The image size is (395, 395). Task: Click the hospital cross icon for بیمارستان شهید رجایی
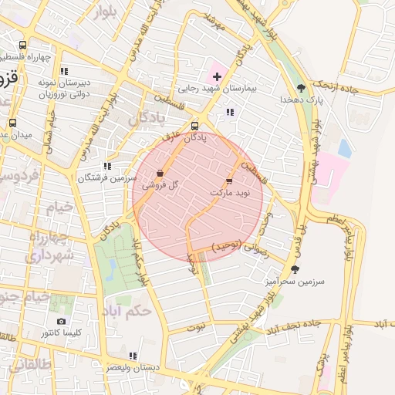[217, 76]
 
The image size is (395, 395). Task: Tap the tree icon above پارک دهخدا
[301, 88]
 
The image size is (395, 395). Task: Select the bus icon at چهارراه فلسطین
[22, 46]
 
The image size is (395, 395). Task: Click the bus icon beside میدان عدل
[12, 123]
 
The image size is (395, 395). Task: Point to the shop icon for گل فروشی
[160, 174]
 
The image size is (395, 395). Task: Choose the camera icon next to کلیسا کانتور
[62, 321]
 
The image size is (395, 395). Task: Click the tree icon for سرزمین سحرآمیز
[295, 269]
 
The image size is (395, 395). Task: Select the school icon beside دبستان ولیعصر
[133, 356]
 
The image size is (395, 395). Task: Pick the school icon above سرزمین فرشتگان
[107, 165]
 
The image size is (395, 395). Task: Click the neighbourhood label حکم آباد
[125, 312]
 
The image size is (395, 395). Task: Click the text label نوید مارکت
[228, 191]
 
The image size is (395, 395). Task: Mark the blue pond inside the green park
[113, 268]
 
